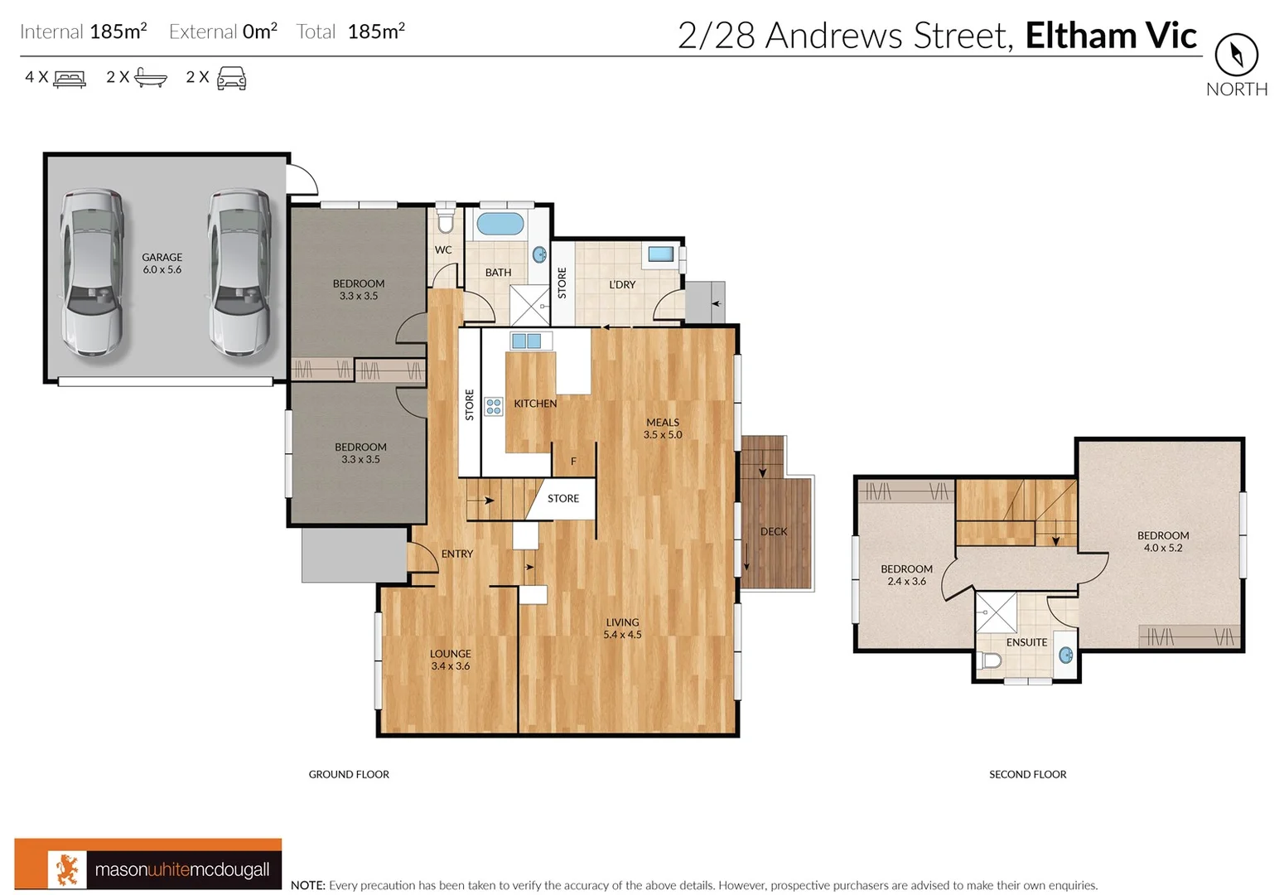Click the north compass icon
[1236, 56]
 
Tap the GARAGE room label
[162, 264]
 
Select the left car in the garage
[92, 273]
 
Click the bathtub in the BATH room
[500, 224]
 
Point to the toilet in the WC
[446, 220]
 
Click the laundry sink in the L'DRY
[660, 254]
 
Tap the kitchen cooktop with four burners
[494, 406]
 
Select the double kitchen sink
[526, 341]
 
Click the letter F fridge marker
[573, 462]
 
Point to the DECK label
[774, 532]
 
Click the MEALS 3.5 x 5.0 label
[663, 428]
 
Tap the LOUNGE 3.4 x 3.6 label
[450, 660]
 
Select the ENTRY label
[457, 554]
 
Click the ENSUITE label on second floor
[1026, 642]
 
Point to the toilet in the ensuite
[990, 660]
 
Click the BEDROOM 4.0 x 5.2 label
[1163, 542]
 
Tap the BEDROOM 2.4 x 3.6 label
[906, 575]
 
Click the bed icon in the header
[70, 79]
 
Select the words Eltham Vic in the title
[1110, 36]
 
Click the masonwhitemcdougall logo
[148, 866]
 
